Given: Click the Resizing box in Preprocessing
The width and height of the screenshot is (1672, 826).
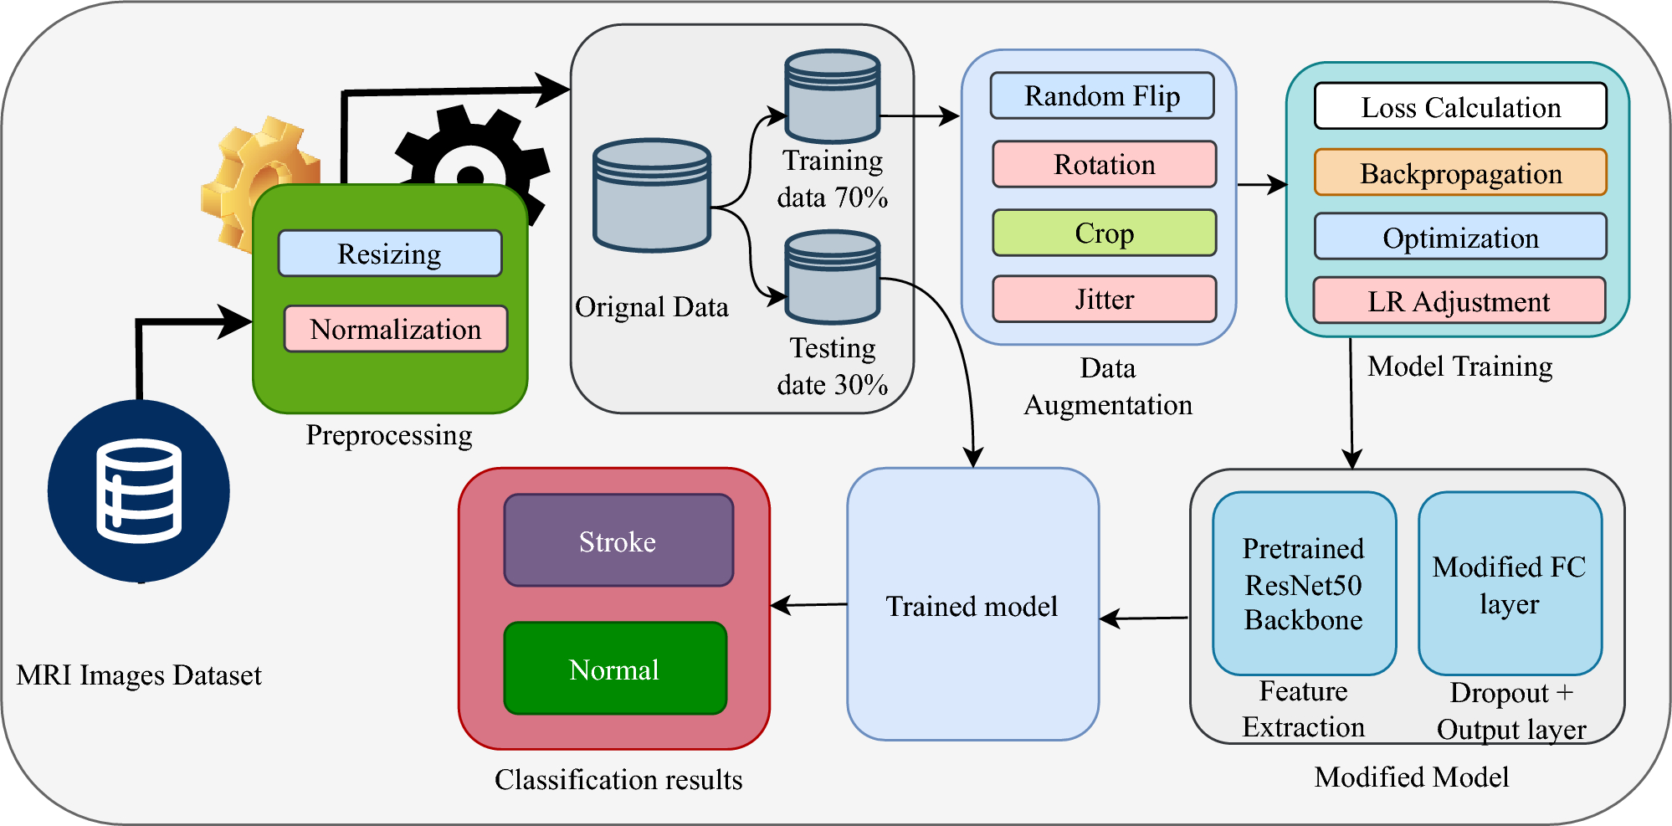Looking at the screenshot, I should point(390,254).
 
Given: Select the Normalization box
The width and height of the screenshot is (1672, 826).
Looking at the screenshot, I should point(396,329).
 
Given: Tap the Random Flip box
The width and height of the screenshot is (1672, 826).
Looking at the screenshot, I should point(1102,96).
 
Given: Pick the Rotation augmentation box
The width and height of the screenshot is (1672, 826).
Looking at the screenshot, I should point(1104,164).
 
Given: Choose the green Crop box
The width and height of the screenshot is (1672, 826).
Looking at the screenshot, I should point(1104,233).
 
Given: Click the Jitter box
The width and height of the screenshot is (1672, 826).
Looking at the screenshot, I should point(1104,299).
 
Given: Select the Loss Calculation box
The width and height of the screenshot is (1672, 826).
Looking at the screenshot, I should point(1460,106).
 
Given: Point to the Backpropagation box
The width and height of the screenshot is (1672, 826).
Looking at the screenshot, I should point(1460,172).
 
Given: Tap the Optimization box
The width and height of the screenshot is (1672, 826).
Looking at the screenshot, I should point(1460,237).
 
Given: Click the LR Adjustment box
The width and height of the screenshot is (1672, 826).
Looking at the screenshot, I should point(1459,300).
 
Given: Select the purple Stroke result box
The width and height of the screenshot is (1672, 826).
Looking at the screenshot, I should point(618,541).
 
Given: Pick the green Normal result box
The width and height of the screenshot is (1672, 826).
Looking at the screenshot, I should point(615,669).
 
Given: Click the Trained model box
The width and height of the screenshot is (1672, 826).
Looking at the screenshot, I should point(972,604).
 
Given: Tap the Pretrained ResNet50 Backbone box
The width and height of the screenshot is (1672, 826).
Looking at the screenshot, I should point(1304,583).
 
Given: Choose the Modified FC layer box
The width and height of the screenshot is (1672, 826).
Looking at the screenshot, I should point(1510,583).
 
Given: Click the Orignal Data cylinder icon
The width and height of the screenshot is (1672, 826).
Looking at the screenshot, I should point(652,196).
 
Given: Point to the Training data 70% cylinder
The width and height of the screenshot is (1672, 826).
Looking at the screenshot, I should point(832,96).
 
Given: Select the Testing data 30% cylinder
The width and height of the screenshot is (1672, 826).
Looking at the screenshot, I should point(832,278).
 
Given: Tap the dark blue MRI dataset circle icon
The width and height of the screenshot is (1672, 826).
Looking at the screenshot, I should point(139,491).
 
